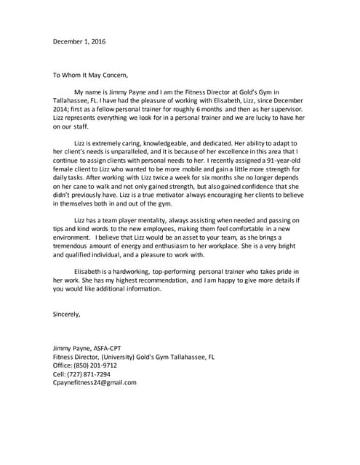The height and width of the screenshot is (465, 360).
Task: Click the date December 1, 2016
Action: tap(79, 41)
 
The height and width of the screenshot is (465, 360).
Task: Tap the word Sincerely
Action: tap(67, 315)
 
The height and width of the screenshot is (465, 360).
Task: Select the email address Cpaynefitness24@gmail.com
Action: tap(95, 383)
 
